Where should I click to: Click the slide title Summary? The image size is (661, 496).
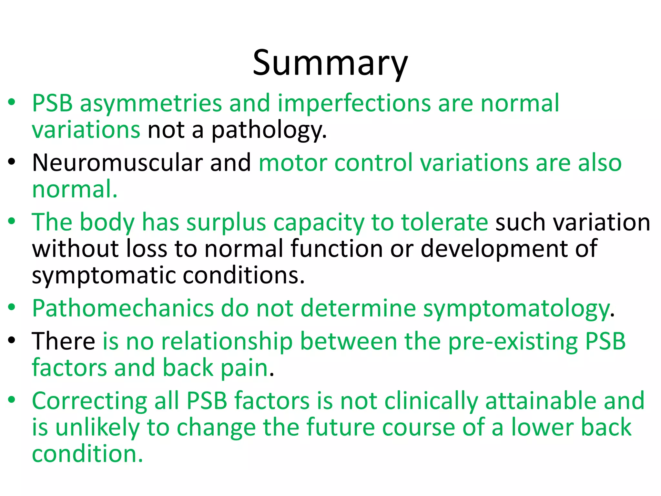pyautogui.click(x=330, y=63)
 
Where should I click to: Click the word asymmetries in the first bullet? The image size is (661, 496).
pyautogui.click(x=150, y=103)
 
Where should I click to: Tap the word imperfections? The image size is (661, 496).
pyautogui.click(x=354, y=103)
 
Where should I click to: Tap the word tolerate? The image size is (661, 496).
pyautogui.click(x=444, y=222)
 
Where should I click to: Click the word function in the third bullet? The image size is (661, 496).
pyautogui.click(x=336, y=249)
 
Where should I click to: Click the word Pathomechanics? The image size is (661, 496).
pyautogui.click(x=123, y=308)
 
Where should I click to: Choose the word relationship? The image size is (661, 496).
pyautogui.click(x=227, y=342)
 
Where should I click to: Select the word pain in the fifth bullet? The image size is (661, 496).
pyautogui.click(x=244, y=369)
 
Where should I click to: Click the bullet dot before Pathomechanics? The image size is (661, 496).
pyautogui.click(x=12, y=307)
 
